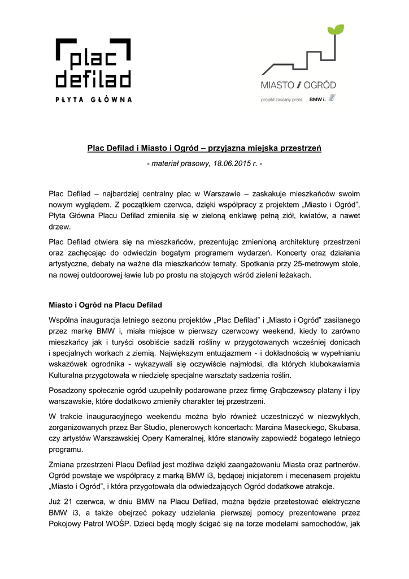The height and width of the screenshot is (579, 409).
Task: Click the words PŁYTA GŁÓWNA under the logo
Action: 93,100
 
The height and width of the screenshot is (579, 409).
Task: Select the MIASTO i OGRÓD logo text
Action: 298,85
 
